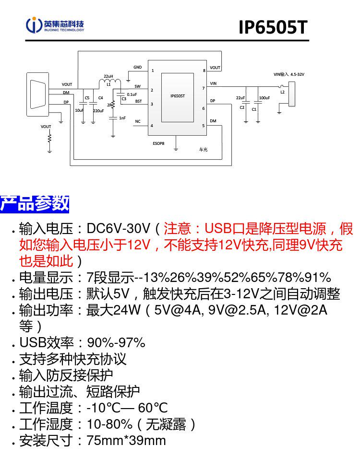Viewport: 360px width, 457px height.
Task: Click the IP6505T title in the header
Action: click(x=273, y=27)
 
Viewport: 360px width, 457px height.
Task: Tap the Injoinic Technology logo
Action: click(x=55, y=25)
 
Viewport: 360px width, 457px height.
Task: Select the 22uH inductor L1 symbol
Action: click(x=110, y=83)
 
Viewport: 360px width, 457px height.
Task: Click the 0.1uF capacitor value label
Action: click(x=132, y=94)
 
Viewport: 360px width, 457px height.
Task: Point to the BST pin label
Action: click(x=139, y=102)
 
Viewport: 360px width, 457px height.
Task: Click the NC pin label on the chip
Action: click(x=138, y=121)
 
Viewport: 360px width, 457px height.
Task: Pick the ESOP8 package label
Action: click(x=158, y=143)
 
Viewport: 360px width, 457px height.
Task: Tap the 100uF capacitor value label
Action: click(x=264, y=98)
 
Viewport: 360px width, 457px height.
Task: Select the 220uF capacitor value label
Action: click(x=98, y=111)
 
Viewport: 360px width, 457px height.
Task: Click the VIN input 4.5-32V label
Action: click(x=289, y=74)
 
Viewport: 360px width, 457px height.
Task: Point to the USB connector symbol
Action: click(x=37, y=94)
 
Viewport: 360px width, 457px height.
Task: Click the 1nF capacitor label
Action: click(x=122, y=118)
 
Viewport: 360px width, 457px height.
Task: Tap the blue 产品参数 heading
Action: click(x=35, y=204)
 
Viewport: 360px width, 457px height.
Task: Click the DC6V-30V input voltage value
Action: click(x=119, y=228)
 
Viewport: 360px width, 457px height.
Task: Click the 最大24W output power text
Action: click(x=113, y=310)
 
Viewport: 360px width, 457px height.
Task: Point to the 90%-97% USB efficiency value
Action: click(x=116, y=342)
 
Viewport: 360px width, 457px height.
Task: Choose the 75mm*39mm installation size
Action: click(x=126, y=440)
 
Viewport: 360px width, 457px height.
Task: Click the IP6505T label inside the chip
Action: click(x=178, y=96)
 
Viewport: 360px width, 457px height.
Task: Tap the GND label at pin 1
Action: click(x=138, y=67)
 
